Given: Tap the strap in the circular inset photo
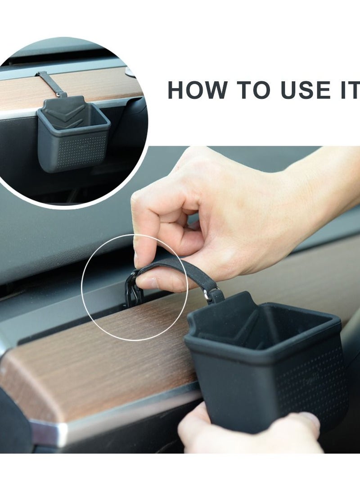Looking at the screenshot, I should pos(50,83).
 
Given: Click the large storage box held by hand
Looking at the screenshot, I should pos(265,369).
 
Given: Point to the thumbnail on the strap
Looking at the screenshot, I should pos(148,282).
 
